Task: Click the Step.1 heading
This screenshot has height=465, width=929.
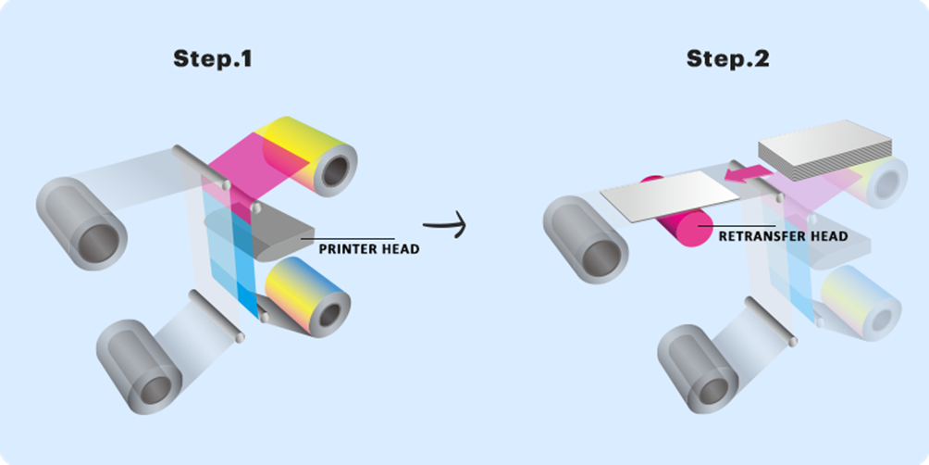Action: [213, 58]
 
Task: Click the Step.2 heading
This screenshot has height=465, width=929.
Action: [727, 58]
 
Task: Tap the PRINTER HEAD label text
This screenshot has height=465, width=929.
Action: [368, 249]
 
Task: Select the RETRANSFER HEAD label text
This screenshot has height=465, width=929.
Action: [783, 236]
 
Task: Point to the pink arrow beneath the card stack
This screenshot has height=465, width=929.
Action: [748, 172]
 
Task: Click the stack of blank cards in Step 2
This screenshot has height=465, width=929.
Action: [824, 149]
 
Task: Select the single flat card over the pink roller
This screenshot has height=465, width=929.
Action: [670, 195]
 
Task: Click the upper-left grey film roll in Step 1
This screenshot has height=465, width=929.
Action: [81, 223]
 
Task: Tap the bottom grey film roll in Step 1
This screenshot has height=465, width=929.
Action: [140, 367]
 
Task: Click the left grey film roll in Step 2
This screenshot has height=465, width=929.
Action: [587, 239]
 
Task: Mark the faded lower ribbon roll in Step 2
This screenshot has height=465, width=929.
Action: [862, 303]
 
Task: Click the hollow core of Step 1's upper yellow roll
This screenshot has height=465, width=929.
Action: [335, 171]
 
